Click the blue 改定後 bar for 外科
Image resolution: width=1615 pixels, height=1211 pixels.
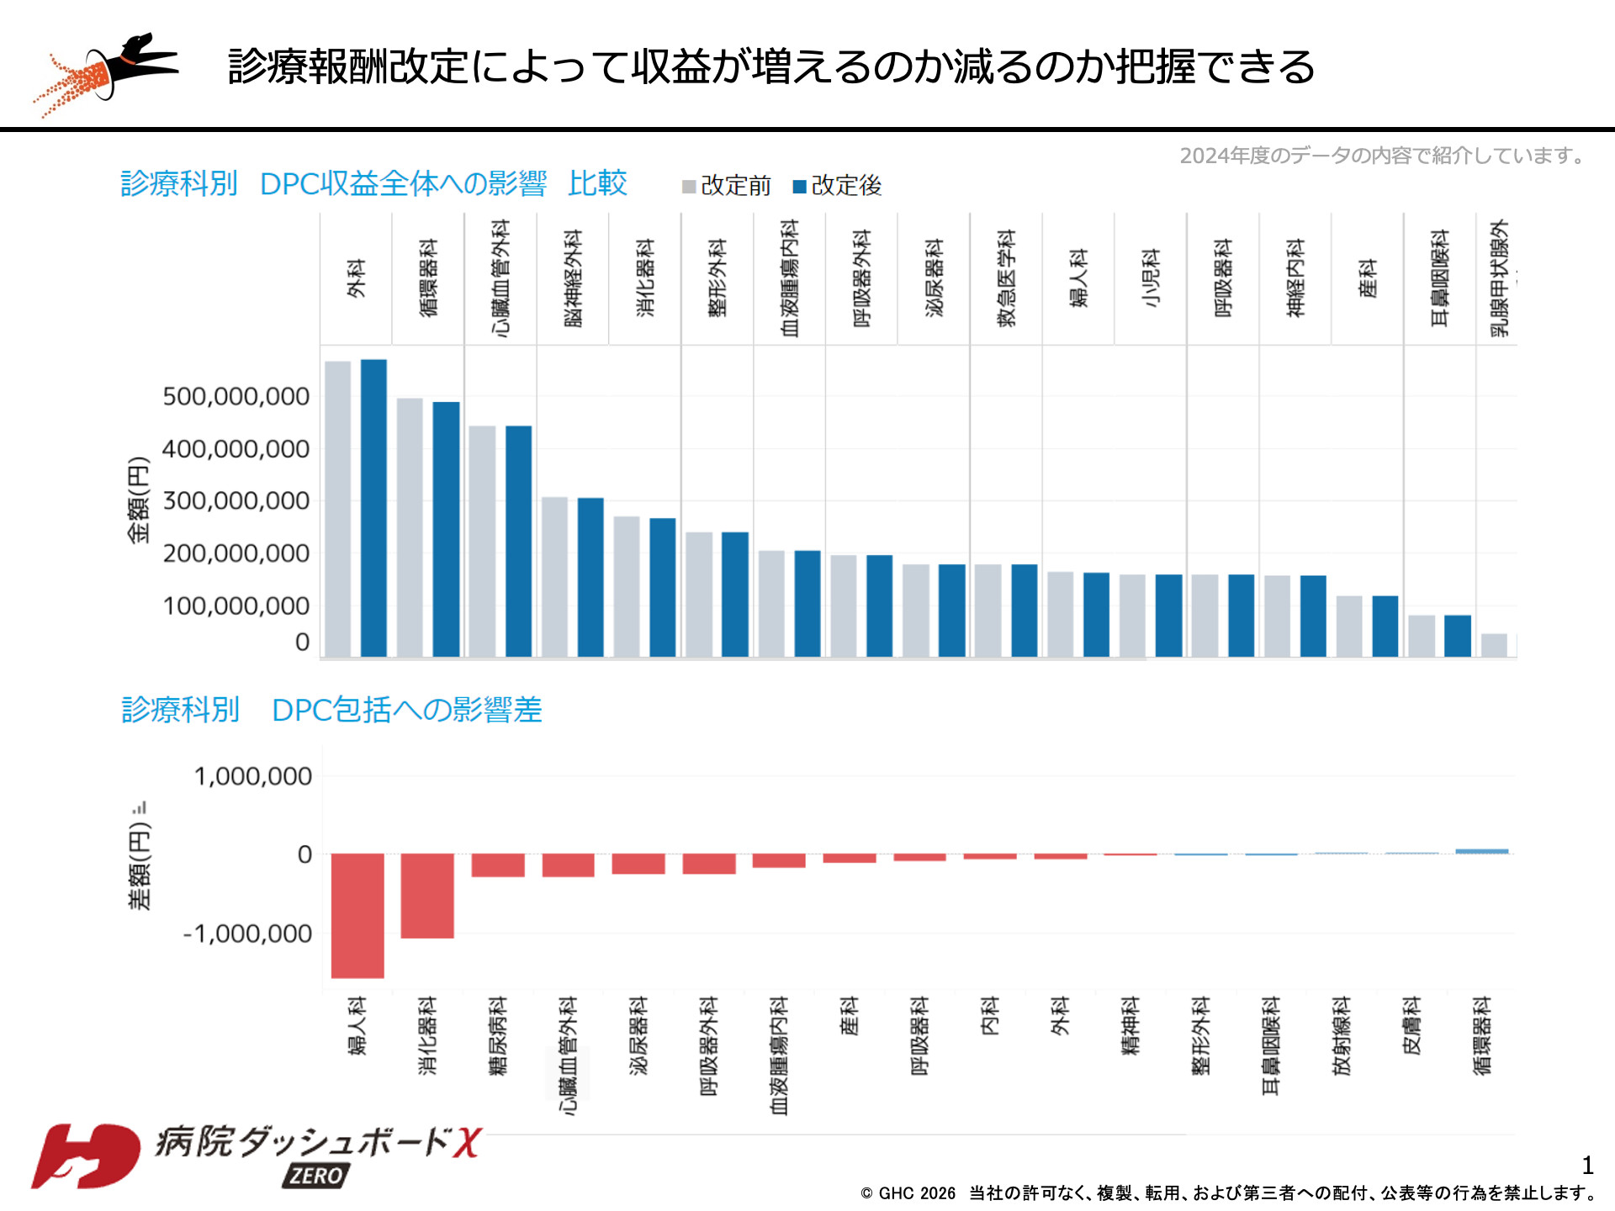[373, 508]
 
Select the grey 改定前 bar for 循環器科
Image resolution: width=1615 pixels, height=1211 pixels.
[410, 527]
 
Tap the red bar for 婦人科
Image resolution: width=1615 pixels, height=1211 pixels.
[357, 915]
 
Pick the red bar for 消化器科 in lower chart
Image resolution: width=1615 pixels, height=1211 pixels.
[427, 896]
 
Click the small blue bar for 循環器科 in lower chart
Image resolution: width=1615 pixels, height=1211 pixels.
[1481, 851]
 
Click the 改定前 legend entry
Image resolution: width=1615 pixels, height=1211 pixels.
[727, 186]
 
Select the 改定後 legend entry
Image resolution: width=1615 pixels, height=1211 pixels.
[838, 186]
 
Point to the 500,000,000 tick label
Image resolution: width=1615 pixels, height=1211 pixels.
[236, 396]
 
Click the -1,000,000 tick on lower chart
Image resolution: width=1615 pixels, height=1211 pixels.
[247, 933]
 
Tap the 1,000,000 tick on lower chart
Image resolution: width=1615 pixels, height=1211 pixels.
[252, 776]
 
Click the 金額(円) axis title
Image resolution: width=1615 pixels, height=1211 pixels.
[138, 500]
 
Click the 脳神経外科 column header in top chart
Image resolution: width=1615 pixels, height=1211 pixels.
[573, 278]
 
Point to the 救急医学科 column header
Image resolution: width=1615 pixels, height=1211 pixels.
[1006, 278]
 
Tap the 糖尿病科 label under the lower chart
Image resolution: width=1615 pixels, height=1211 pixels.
[498, 1036]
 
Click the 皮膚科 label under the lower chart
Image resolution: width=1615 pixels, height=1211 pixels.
[1411, 1026]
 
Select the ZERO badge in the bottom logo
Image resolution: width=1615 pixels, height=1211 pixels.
[316, 1175]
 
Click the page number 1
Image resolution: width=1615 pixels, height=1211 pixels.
[1587, 1166]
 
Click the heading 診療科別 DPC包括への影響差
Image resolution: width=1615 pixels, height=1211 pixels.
[331, 710]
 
